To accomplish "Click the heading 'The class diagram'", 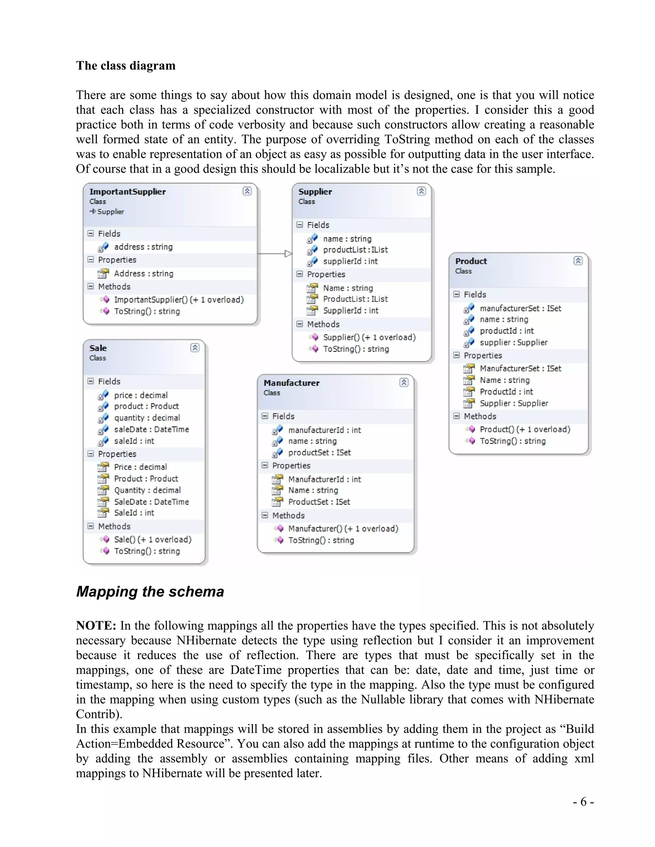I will click(125, 66).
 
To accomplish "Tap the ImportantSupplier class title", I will click(127, 191).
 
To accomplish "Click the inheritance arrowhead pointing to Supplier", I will click(288, 254).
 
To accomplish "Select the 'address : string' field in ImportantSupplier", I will click(143, 247).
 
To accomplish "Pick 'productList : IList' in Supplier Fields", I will click(355, 250).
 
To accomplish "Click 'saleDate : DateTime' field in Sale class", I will click(151, 429).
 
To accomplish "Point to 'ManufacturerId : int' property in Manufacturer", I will click(324, 479).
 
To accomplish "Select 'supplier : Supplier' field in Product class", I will click(513, 342).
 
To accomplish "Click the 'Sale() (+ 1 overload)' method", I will click(153, 540).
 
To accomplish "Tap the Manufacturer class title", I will click(291, 383).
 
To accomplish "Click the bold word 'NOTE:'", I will click(96, 626).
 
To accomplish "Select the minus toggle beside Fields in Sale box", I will click(91, 381).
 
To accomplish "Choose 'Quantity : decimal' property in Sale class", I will click(147, 490).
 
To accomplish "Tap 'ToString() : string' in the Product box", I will click(512, 441).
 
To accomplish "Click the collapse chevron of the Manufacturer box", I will click(404, 382).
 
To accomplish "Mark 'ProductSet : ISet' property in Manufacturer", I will click(319, 502).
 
